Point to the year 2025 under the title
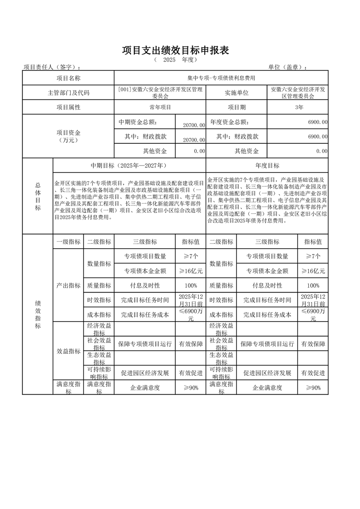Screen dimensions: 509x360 point(169,60)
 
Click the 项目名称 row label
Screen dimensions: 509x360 point(68,78)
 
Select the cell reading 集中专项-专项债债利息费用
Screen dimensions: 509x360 point(221,78)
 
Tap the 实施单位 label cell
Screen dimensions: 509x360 point(237,93)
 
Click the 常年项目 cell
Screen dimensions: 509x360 point(160,107)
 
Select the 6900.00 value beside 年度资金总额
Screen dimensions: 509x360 point(317,122)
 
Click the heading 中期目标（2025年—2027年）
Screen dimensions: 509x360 point(129,166)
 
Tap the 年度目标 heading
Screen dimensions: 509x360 point(267,166)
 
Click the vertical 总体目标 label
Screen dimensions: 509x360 point(38,196)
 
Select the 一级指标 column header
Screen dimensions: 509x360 point(68,242)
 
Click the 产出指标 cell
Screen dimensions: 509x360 point(68,285)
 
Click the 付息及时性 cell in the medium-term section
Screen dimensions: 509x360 point(144,285)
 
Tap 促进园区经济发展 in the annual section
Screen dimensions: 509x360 point(267,373)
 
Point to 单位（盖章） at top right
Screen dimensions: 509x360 point(287,67)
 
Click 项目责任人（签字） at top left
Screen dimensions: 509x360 point(53,67)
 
